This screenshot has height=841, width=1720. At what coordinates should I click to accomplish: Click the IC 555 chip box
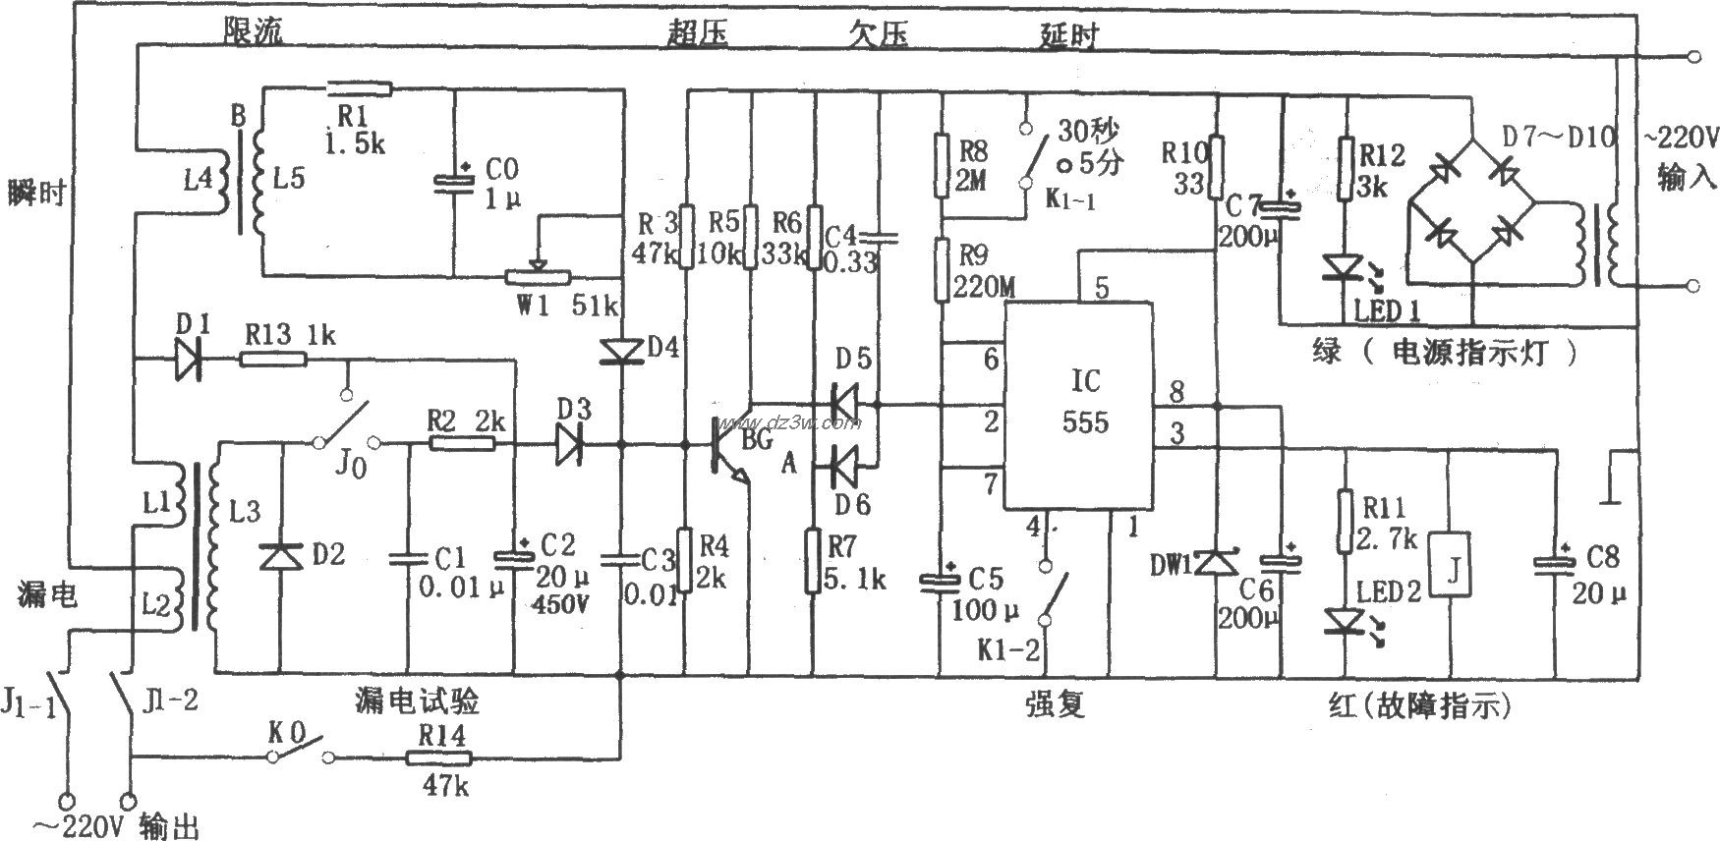(x=1077, y=406)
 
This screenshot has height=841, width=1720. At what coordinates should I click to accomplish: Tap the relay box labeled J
(x=1451, y=565)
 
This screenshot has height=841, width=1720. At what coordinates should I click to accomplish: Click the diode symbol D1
(x=188, y=361)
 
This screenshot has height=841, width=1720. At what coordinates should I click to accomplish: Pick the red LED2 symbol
(x=1343, y=621)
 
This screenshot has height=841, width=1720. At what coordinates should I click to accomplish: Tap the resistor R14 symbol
(x=439, y=757)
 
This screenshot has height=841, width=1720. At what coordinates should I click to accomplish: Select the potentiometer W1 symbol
(x=537, y=278)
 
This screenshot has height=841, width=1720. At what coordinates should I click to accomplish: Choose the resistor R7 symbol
(x=813, y=561)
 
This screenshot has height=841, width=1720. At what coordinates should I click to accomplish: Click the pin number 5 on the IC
(x=1101, y=288)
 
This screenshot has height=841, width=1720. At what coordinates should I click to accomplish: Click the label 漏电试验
(x=418, y=703)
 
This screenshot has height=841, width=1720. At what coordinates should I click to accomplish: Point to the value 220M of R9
(x=986, y=286)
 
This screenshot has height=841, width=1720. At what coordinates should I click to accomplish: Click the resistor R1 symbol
(x=359, y=89)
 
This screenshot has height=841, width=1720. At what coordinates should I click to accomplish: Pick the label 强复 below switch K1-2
(x=1056, y=704)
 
